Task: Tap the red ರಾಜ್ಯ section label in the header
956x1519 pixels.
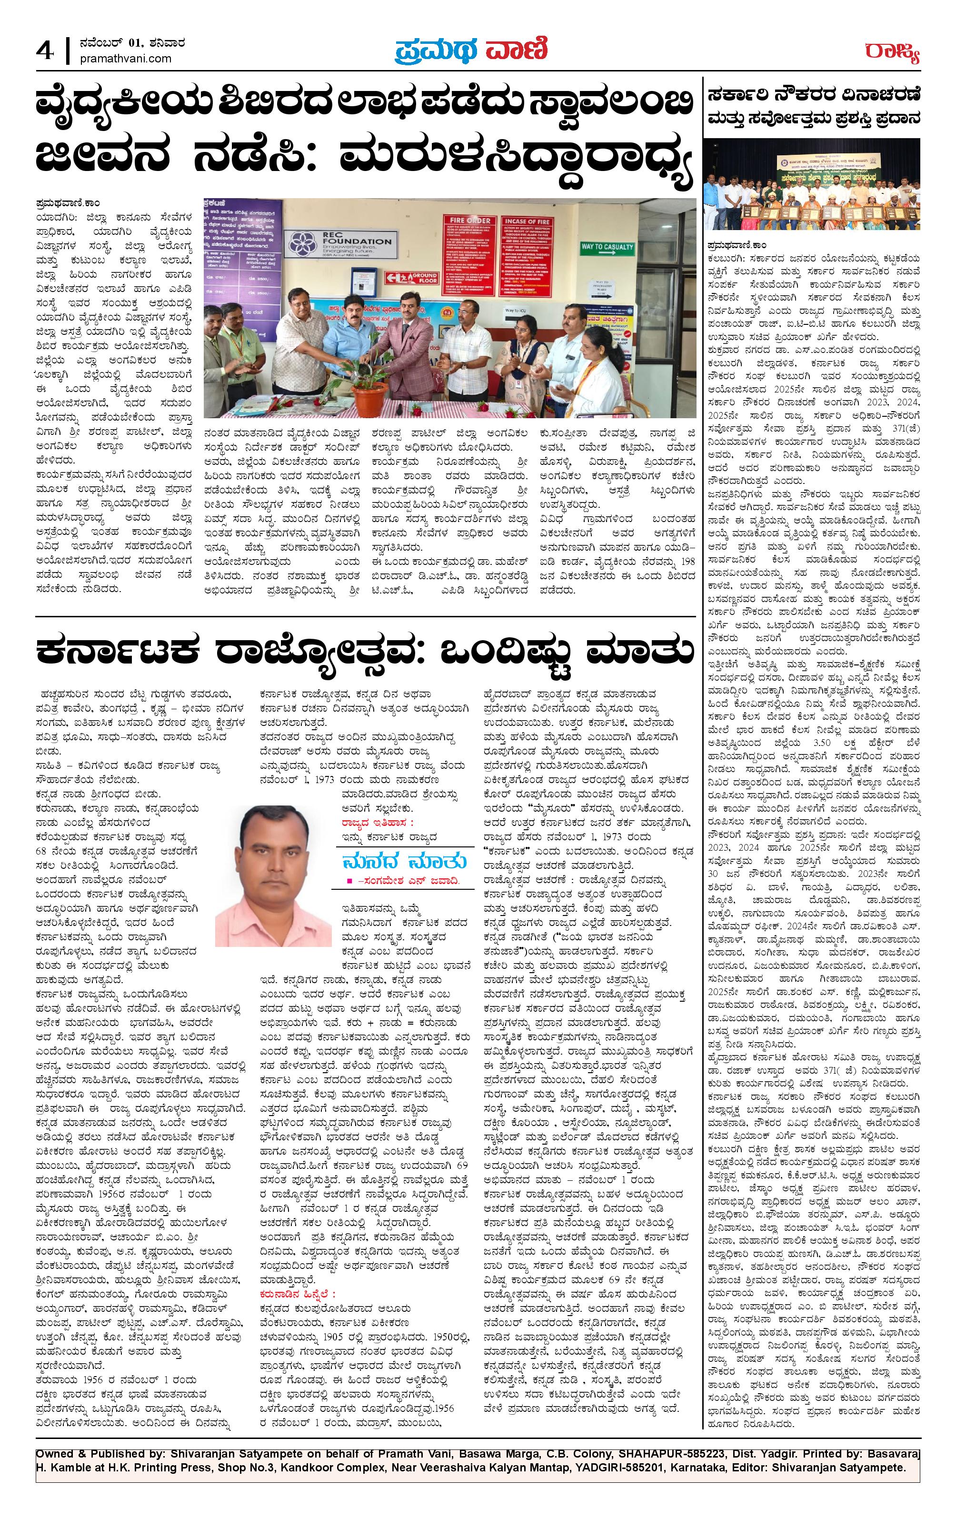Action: coord(892,52)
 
